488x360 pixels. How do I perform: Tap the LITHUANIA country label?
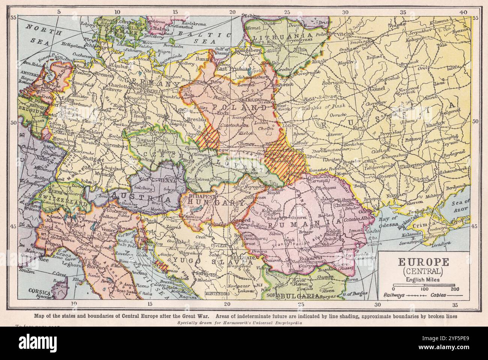tap(278, 39)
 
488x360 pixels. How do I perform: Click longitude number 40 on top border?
tap(464, 12)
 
